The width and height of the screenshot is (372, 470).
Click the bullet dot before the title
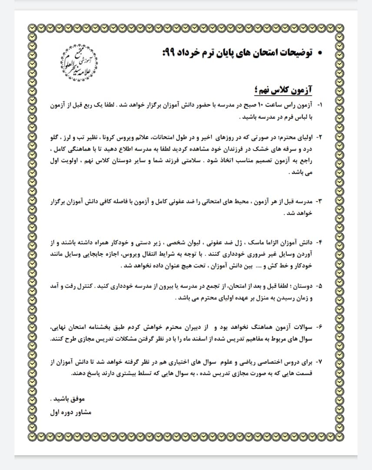coord(320,54)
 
